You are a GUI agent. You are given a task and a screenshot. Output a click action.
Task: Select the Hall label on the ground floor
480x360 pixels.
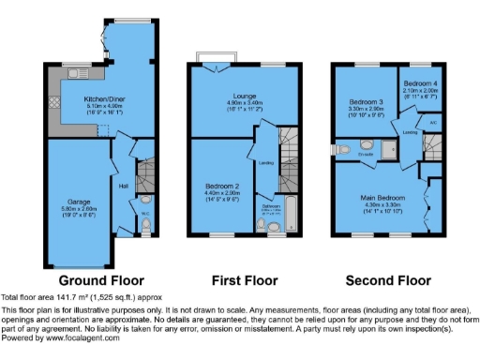coord(124,185)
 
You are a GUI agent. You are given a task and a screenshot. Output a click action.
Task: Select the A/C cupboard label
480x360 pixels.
coord(433,122)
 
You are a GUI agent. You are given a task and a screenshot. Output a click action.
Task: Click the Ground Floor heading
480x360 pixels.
coord(101,280)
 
